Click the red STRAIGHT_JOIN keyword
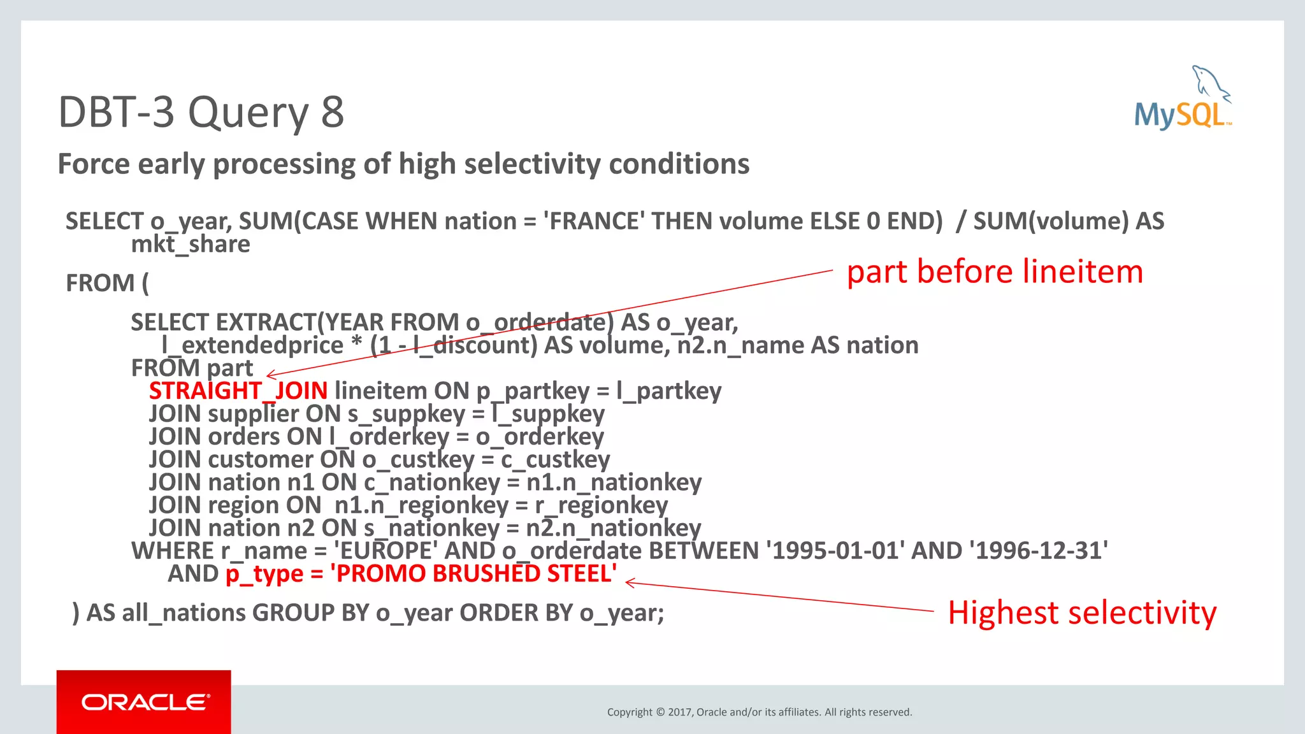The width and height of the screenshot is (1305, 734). (238, 391)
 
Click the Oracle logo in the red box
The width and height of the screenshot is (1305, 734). (145, 702)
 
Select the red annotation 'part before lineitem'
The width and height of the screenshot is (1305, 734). (995, 272)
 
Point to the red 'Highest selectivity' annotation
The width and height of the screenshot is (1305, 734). (1082, 613)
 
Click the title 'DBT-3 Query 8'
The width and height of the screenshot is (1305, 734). (201, 112)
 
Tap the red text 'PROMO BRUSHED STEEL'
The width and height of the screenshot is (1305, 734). (473, 574)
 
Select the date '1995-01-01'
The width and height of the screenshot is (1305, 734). (835, 551)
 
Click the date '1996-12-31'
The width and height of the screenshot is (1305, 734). (1038, 551)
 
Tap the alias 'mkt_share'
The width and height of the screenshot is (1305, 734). (191, 245)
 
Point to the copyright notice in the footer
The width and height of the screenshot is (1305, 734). (760, 712)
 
